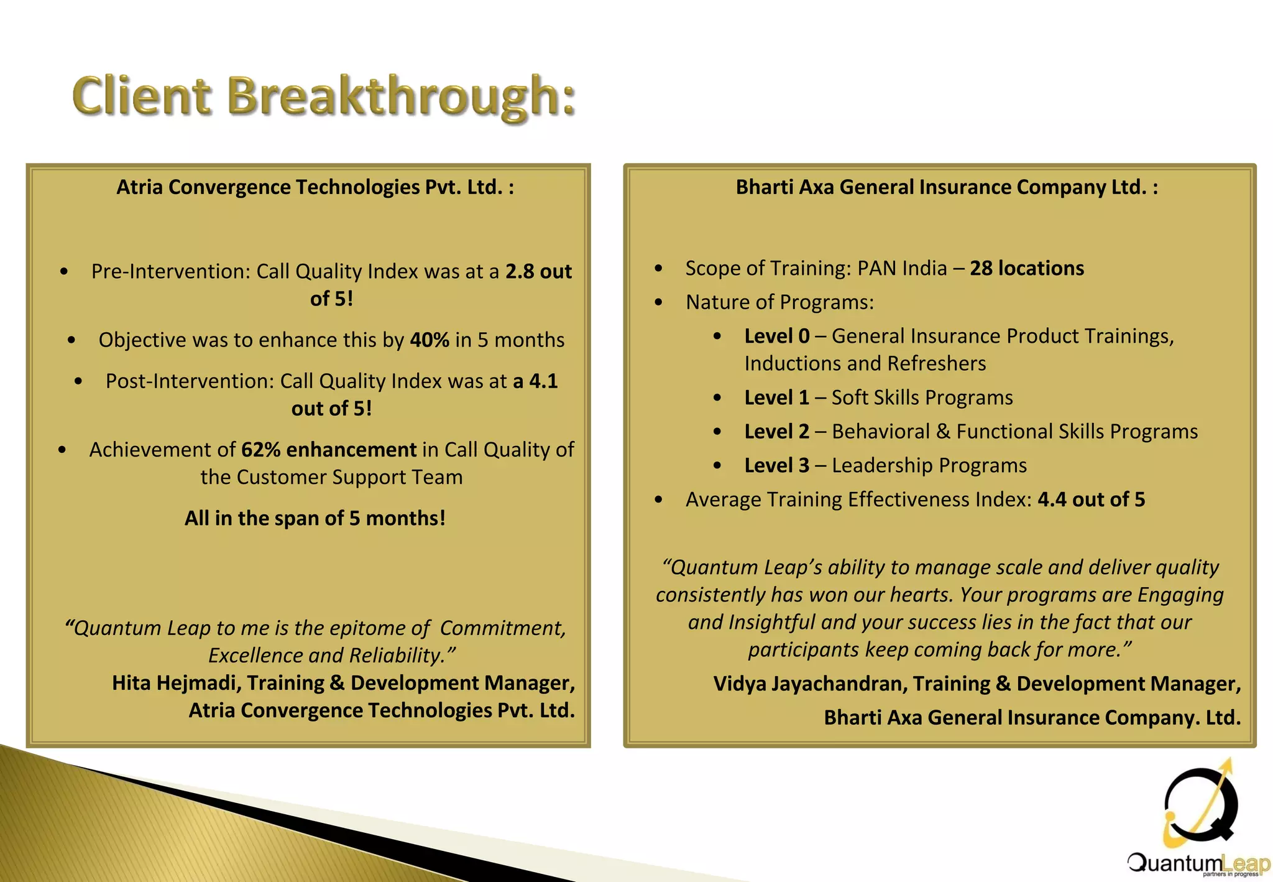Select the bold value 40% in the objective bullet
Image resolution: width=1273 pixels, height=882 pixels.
click(430, 340)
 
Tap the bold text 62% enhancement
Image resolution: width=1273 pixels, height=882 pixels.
click(329, 450)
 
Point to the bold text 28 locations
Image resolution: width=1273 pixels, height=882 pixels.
click(1027, 268)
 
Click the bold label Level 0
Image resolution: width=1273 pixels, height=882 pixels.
click(777, 337)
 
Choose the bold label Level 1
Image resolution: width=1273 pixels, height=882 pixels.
click(777, 398)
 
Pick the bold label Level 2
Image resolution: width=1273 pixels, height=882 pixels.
click(777, 432)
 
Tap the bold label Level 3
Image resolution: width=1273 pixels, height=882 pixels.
click(777, 466)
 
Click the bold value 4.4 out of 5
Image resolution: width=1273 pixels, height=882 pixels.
click(1091, 499)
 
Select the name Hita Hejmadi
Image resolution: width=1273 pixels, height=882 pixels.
click(177, 683)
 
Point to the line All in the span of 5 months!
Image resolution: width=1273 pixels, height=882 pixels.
click(315, 518)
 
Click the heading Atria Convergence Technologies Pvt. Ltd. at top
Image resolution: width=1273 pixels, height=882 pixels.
click(315, 187)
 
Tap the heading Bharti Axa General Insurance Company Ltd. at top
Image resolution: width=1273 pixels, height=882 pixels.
click(947, 187)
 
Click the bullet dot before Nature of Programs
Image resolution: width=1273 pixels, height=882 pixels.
click(659, 303)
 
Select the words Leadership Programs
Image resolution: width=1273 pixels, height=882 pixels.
click(929, 466)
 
